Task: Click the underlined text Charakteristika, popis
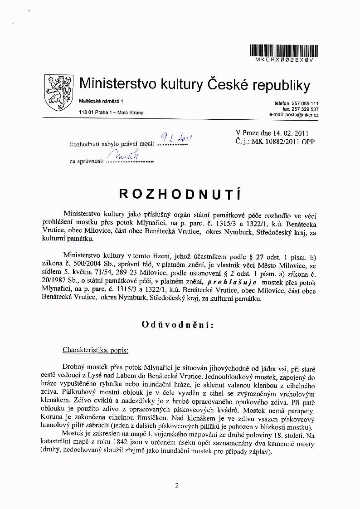[96, 350]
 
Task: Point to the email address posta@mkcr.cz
[301, 115]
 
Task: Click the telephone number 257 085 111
[305, 103]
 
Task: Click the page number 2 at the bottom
[176, 486]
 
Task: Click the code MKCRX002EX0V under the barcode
[284, 60]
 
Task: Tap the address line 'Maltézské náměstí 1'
[101, 100]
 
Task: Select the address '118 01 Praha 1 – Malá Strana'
[111, 113]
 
